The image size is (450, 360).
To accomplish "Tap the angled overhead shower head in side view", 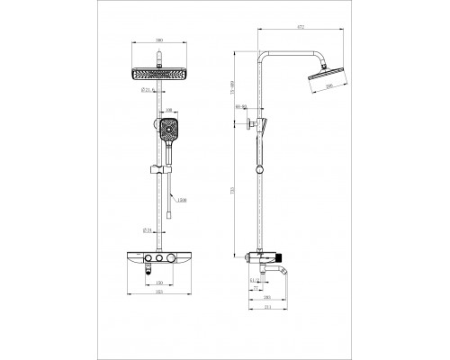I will point(325,82).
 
